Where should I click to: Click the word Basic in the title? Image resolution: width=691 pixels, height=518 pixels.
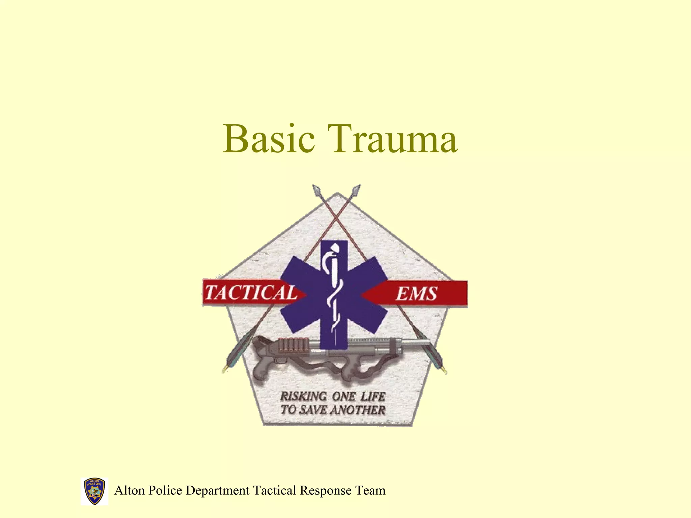pyautogui.click(x=269, y=139)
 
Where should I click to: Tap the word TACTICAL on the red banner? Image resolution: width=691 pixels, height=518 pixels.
pyautogui.click(x=251, y=292)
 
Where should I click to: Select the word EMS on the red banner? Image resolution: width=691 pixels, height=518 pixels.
pyautogui.click(x=417, y=293)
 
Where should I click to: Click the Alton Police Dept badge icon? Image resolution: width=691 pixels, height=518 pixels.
pyautogui.click(x=94, y=491)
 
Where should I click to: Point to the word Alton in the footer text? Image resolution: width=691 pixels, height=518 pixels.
pyautogui.click(x=130, y=490)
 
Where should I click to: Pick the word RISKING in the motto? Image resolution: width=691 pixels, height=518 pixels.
pyautogui.click(x=303, y=396)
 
